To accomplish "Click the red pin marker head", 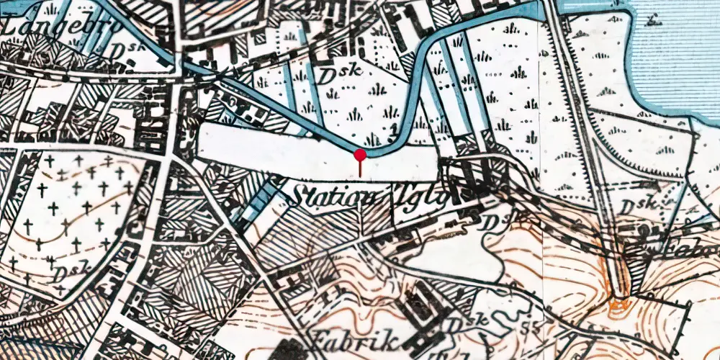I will pyautogui.click(x=360, y=154).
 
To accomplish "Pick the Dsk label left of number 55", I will pyautogui.click(x=465, y=323).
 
